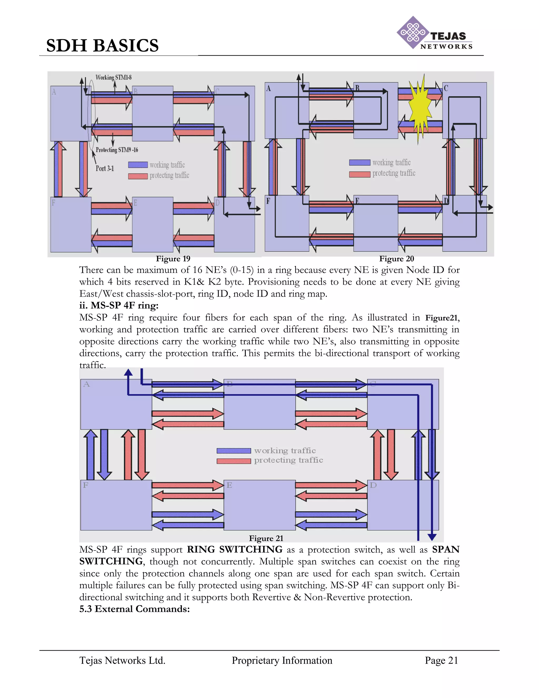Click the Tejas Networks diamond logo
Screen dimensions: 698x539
click(x=413, y=33)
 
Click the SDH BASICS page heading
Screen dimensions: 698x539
click(x=102, y=45)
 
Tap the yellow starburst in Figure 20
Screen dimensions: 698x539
click(x=420, y=109)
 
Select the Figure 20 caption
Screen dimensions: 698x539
click(x=396, y=259)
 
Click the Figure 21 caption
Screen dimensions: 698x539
click(x=266, y=538)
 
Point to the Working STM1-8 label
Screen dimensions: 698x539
click(x=113, y=77)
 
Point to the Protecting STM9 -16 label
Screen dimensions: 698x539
click(x=117, y=150)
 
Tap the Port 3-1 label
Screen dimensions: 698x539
click(x=105, y=168)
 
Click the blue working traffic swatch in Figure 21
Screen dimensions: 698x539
click(x=234, y=451)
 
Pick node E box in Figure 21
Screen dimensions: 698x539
click(x=259, y=505)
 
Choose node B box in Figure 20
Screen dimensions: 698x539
click(x=376, y=110)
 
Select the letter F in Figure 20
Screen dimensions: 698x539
click(x=268, y=201)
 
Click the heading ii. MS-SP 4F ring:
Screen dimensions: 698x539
click(x=119, y=306)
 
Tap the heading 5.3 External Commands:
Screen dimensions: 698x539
click(x=134, y=609)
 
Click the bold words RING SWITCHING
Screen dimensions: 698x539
click(x=234, y=549)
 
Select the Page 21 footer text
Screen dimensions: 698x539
click(x=441, y=660)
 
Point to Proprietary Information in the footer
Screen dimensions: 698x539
click(x=282, y=660)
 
